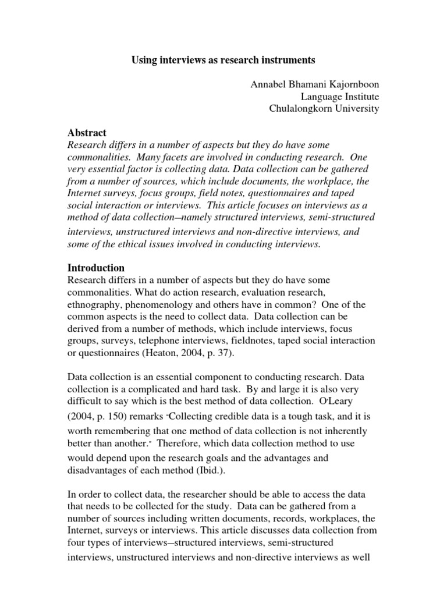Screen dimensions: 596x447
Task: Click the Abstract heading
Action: click(x=87, y=133)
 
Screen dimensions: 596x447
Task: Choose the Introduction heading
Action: click(x=96, y=268)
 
